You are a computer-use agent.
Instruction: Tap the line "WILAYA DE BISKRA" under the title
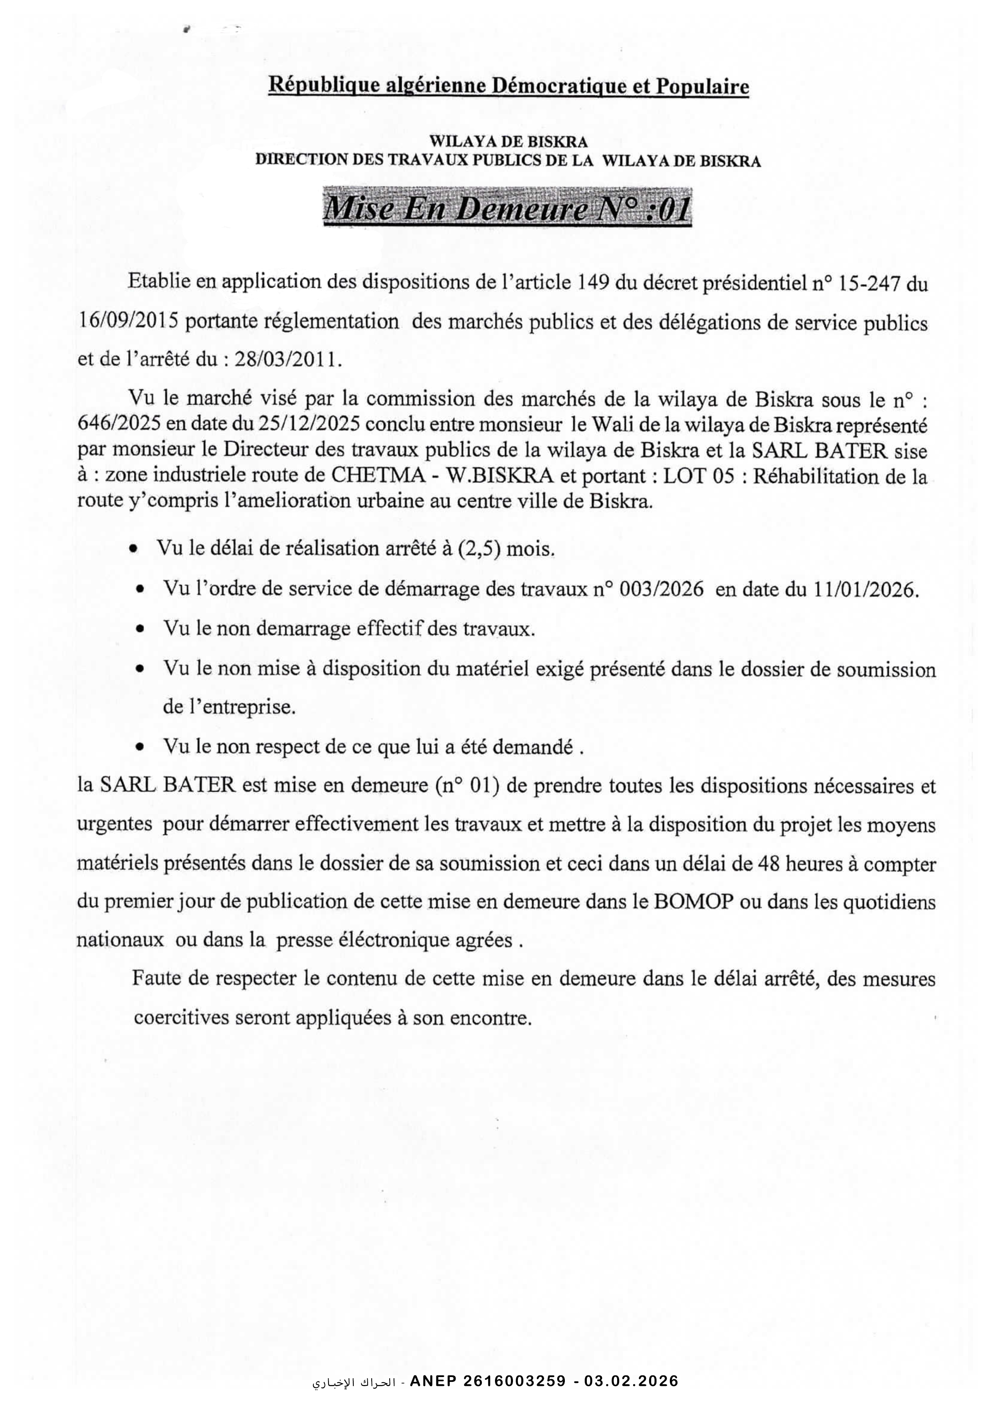click(x=508, y=141)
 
